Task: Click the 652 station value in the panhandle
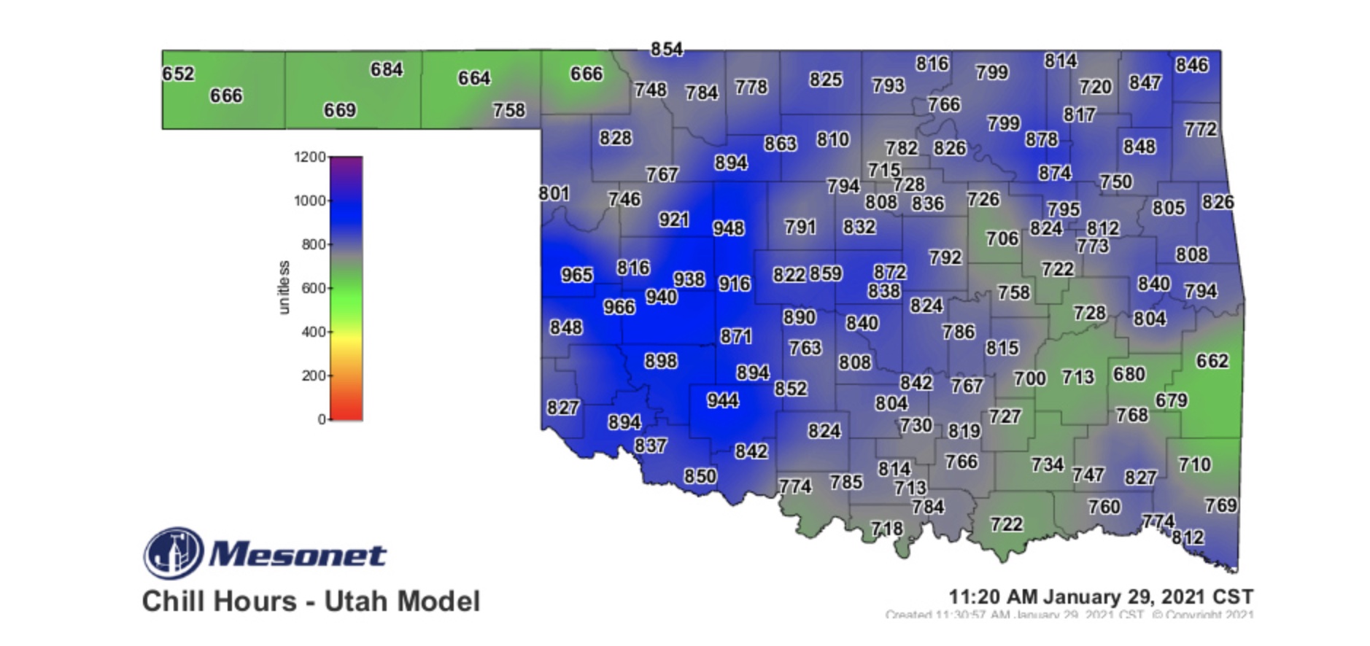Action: click(178, 74)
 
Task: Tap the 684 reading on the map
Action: click(387, 69)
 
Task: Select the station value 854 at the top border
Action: click(667, 49)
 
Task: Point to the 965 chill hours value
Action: click(576, 275)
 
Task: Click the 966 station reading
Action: click(619, 307)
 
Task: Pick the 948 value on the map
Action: click(728, 228)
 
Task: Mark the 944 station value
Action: click(722, 400)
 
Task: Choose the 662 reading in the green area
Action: click(1212, 361)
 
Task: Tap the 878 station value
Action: click(1041, 139)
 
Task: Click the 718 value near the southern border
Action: click(886, 528)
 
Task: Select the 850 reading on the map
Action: click(700, 476)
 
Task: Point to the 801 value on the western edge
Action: click(554, 193)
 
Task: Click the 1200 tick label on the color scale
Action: click(309, 157)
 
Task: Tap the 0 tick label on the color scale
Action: click(321, 419)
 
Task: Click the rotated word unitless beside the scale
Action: click(284, 287)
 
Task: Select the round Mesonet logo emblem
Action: click(174, 553)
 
